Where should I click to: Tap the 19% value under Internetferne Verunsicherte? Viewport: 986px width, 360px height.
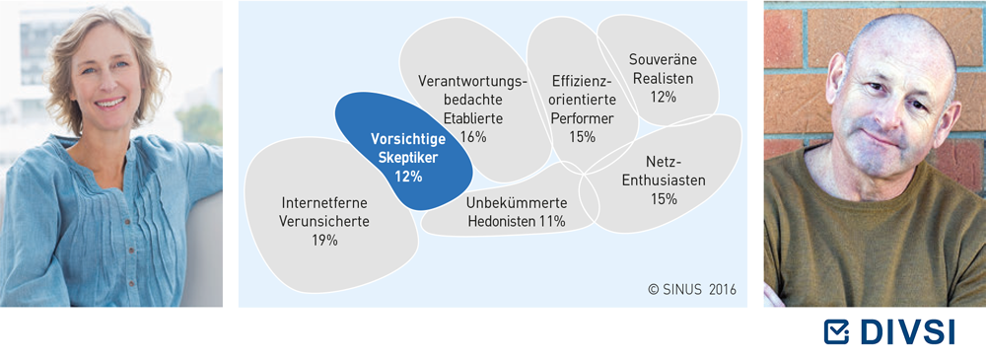coord(324,240)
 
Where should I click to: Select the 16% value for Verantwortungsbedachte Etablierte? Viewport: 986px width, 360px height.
coord(473,136)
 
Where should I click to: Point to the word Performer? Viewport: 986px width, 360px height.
coord(583,118)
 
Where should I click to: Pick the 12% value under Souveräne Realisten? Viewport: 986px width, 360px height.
coord(663,98)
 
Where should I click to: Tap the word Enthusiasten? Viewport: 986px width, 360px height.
coord(664,180)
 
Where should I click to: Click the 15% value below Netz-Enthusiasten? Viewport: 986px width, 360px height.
coord(664,199)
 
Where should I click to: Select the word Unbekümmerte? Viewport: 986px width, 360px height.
coord(517,203)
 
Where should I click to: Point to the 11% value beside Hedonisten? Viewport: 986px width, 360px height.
coord(551,222)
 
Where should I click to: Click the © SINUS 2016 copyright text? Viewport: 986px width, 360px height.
coord(692,290)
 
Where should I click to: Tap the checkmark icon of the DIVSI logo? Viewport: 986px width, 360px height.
coord(836,331)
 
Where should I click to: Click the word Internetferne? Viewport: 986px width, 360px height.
coord(324,203)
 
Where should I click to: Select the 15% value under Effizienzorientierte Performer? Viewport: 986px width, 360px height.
coord(583,136)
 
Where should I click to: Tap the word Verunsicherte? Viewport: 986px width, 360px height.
coord(324,222)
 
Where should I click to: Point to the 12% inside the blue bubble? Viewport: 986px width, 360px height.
coord(409,177)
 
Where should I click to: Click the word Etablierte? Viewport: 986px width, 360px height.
coord(473,118)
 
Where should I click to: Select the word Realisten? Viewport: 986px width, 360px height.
coord(663,79)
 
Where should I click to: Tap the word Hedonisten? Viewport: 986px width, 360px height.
coord(501,222)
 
